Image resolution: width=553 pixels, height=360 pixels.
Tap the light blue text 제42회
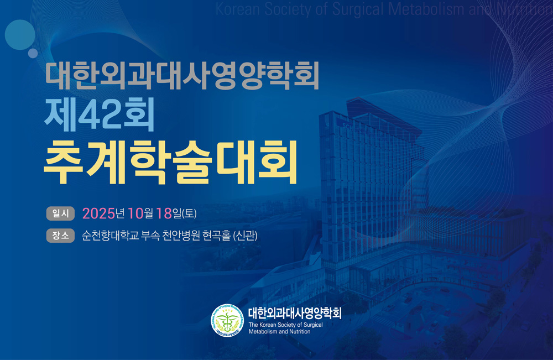(99, 114)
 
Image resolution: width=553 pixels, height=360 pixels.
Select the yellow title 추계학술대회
(170, 163)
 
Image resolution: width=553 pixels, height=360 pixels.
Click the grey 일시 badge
(60, 213)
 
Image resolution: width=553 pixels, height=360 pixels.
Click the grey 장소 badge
(60, 236)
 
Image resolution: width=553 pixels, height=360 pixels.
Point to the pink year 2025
(99, 213)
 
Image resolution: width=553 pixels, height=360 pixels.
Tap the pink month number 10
(136, 213)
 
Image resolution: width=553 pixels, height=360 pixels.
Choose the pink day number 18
(164, 213)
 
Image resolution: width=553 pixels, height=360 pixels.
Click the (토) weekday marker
(189, 213)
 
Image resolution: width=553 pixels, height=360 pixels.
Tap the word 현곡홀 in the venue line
(217, 236)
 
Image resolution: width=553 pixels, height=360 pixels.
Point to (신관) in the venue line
(245, 236)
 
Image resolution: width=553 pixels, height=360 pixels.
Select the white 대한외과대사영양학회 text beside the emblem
(295, 313)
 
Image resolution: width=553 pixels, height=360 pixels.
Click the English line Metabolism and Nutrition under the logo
(279, 331)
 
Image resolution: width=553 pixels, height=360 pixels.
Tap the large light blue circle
(20, 34)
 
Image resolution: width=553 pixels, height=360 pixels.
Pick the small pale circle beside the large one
(33, 53)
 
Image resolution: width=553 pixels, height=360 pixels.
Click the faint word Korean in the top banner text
(238, 9)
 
